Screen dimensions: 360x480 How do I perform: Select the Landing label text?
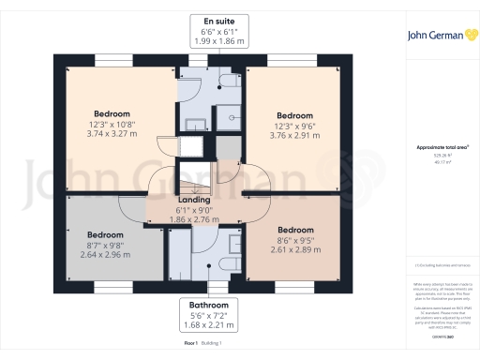coord(194,200)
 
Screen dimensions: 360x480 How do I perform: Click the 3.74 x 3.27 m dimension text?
coord(111,134)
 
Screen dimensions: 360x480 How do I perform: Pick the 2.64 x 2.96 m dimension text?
coord(105,254)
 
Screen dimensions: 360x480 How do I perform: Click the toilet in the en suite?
coord(227,83)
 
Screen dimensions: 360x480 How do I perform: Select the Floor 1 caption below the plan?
coord(192,345)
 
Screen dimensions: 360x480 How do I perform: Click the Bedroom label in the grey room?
coord(105,234)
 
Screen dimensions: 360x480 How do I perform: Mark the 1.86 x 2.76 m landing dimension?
coord(194,218)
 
